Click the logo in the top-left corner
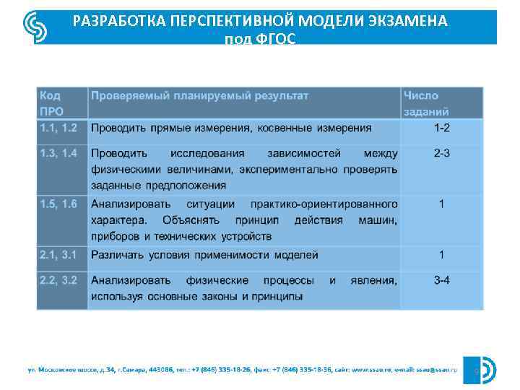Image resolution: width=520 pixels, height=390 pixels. pyautogui.click(x=34, y=27)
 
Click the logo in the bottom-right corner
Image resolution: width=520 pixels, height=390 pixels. pyautogui.click(x=486, y=369)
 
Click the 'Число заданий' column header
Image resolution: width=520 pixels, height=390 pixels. pyautogui.click(x=426, y=103)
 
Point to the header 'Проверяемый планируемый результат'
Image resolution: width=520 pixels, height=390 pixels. pyautogui.click(x=199, y=95)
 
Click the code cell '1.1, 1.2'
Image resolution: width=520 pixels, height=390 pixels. pyautogui.click(x=58, y=128)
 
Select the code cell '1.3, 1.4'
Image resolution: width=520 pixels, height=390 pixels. pyautogui.click(x=58, y=153)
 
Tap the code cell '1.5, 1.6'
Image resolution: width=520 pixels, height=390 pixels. pyautogui.click(x=58, y=204)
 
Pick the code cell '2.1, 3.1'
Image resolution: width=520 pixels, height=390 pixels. pyautogui.click(x=58, y=254)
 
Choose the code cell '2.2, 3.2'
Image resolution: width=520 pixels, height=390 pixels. pyautogui.click(x=58, y=280)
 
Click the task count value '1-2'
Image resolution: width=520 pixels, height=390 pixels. pyautogui.click(x=441, y=128)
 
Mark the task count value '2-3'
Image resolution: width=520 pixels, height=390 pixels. pyautogui.click(x=441, y=153)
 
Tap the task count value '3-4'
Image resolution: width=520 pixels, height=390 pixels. pyautogui.click(x=441, y=280)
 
